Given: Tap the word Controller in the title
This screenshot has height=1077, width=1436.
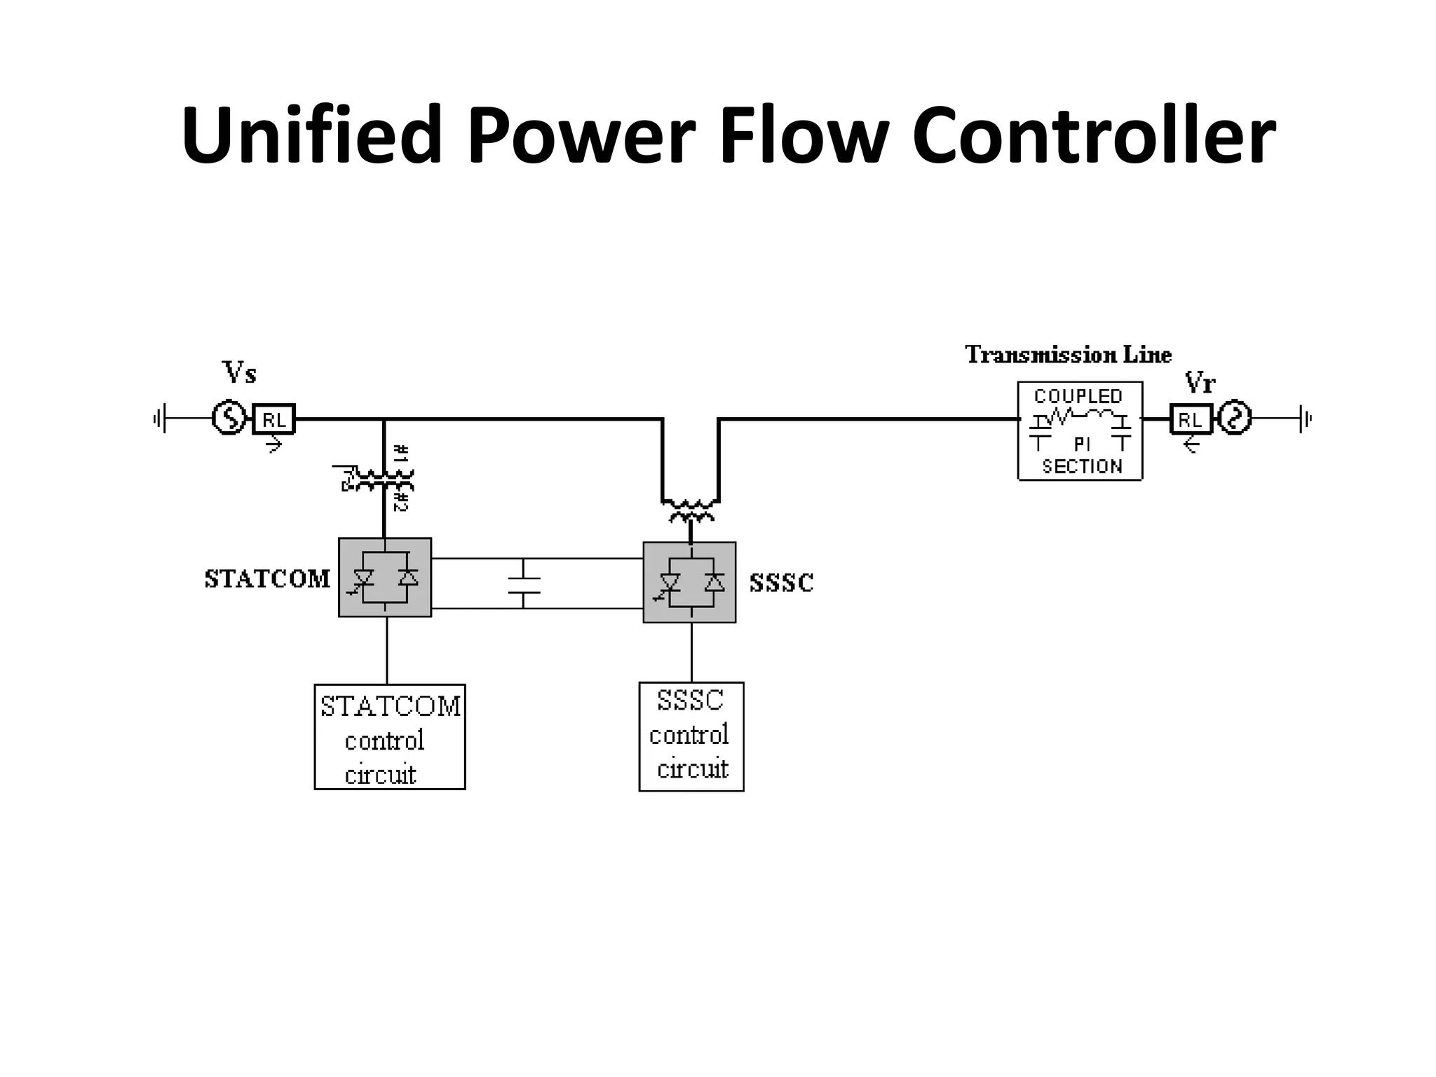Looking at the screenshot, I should click(x=1094, y=135).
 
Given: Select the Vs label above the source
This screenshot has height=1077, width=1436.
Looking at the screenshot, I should click(x=239, y=372).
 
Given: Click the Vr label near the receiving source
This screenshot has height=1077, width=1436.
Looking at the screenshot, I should click(x=1200, y=383).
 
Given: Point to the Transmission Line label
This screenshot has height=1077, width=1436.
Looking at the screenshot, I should click(x=1068, y=355).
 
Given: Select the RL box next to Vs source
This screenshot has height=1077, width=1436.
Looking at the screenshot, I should click(x=273, y=419).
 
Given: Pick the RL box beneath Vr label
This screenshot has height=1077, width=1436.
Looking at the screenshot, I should click(x=1191, y=419).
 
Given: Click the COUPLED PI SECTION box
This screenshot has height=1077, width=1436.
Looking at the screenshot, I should click(x=1080, y=431).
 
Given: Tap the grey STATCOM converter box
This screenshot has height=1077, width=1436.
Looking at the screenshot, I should click(x=385, y=578).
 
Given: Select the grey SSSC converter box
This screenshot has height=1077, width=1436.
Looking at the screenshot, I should click(x=689, y=582).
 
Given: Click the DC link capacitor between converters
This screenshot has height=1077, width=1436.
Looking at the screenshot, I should click(x=523, y=584).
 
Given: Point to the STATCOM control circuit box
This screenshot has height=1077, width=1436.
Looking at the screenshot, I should click(x=390, y=737).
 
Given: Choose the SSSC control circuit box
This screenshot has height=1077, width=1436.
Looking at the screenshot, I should click(x=691, y=736).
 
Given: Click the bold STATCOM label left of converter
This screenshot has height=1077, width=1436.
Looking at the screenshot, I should click(x=267, y=579).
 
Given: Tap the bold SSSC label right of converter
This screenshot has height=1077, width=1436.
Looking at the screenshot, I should click(x=781, y=583).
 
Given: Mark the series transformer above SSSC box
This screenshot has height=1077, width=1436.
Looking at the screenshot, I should click(x=691, y=510).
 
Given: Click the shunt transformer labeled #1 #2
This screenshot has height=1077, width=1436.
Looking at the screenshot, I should click(x=384, y=480).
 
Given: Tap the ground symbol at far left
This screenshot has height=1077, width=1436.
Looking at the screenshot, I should click(x=160, y=419).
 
